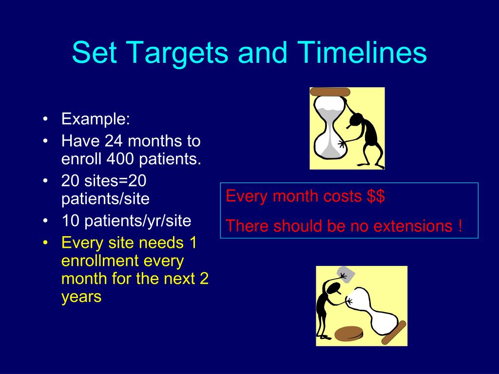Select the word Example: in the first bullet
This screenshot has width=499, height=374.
(96, 119)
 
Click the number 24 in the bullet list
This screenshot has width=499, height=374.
(114, 141)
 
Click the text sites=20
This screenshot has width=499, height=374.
(115, 181)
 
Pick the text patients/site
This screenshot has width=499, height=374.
(105, 199)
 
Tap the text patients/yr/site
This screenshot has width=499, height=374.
(137, 221)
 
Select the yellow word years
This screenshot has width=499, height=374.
(81, 297)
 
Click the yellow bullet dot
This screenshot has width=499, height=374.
(45, 243)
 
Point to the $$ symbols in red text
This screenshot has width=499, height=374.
(376, 196)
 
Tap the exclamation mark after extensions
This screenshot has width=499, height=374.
(460, 226)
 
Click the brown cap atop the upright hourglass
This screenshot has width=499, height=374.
(330, 92)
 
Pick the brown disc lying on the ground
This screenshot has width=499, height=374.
(349, 334)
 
